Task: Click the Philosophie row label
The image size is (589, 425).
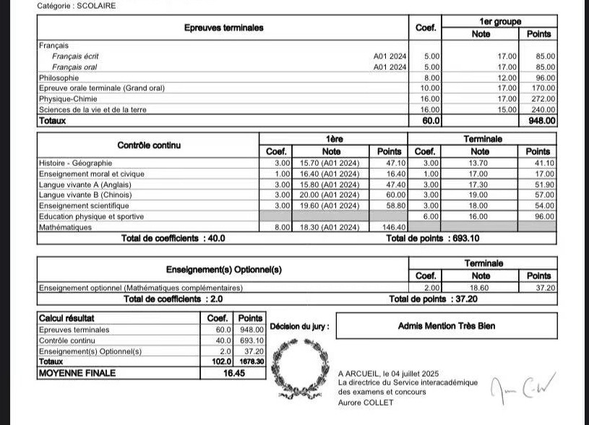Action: point(59,77)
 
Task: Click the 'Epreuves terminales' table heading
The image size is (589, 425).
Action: point(224,28)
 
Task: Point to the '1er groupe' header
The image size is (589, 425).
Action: point(499,22)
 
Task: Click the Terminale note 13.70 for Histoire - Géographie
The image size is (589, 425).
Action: point(480,163)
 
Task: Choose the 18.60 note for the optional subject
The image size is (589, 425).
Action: point(480,287)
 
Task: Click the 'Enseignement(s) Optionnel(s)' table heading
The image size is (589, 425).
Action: point(224,269)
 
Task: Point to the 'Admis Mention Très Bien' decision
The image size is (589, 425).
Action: point(447,326)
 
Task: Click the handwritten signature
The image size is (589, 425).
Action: point(520,390)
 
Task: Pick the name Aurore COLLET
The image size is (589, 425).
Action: point(366,403)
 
